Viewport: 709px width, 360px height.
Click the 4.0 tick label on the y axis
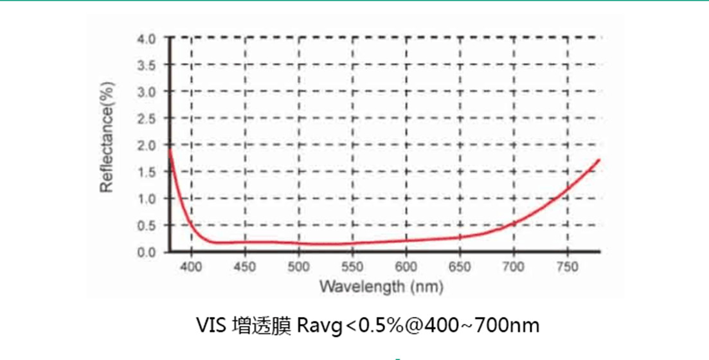pyautogui.click(x=146, y=39)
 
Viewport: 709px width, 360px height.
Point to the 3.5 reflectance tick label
pyautogui.click(x=146, y=65)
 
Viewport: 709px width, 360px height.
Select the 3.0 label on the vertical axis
pyautogui.click(x=146, y=92)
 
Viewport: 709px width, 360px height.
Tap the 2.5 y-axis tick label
pyautogui.click(x=146, y=118)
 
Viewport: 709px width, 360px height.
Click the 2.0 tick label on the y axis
pyautogui.click(x=146, y=145)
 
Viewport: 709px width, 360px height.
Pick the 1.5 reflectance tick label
pyautogui.click(x=146, y=172)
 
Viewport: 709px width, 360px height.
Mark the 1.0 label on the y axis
pyautogui.click(x=146, y=199)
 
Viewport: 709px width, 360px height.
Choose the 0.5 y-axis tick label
pyautogui.click(x=146, y=225)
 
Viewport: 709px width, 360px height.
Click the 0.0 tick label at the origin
pyautogui.click(x=146, y=252)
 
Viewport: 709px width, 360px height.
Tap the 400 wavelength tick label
pyautogui.click(x=192, y=266)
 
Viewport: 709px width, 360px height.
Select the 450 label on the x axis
pyautogui.click(x=245, y=266)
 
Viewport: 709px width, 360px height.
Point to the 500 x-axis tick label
pyautogui.click(x=299, y=266)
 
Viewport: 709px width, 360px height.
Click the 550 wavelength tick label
pyautogui.click(x=352, y=266)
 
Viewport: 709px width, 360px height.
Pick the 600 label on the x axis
pyautogui.click(x=406, y=266)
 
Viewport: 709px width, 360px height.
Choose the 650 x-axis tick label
pyautogui.click(x=460, y=266)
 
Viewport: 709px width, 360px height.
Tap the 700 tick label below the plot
pyautogui.click(x=514, y=266)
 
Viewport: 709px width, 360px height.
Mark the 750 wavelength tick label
pyautogui.click(x=567, y=266)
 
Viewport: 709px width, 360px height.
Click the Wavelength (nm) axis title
pyautogui.click(x=381, y=285)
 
